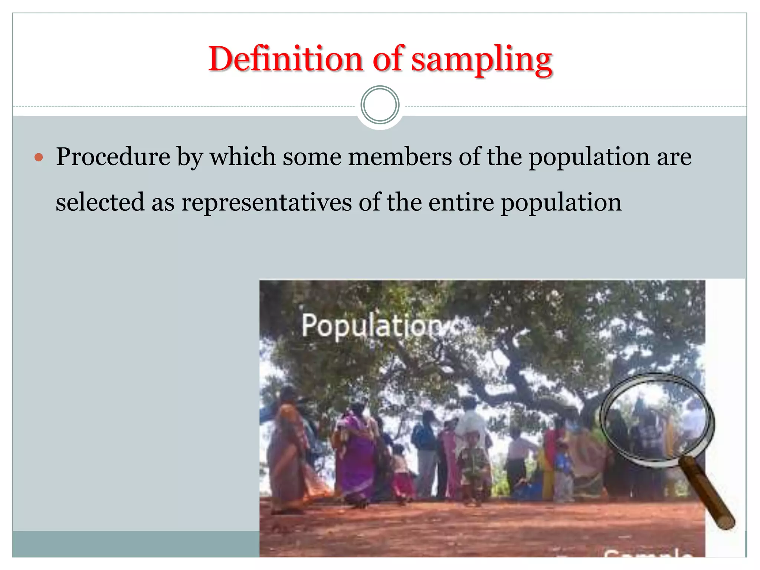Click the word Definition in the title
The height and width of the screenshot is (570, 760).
pos(285,59)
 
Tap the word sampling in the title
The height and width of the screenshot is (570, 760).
pos(482,60)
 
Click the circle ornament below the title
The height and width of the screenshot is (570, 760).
pos(380,105)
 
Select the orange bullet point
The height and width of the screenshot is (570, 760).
pos(39,157)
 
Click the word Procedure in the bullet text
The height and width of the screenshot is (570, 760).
pos(113,157)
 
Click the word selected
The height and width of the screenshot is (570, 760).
pos(100,203)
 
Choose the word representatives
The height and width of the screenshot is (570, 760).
pos(266,203)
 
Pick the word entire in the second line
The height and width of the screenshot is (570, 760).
pos(461,203)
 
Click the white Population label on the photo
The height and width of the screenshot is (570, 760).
pos(371,326)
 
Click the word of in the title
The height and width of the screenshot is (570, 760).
pos(387,59)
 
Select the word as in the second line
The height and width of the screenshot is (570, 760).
pos(163,203)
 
